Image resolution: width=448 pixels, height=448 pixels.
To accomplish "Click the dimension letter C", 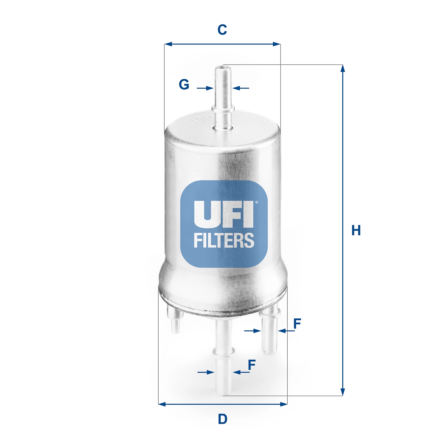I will pos(222,30).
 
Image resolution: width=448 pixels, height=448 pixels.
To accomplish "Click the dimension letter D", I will pos(223,419).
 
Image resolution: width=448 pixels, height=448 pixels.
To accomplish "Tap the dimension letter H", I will pos(356,230).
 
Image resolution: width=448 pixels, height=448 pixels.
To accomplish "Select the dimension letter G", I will pos(184,85).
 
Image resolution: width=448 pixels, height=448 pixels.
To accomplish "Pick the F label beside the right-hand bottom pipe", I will pos(297,323).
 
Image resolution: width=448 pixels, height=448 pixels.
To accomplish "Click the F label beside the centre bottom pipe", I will pos(252,365).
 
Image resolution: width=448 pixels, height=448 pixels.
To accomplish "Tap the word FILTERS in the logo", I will pos(224,240).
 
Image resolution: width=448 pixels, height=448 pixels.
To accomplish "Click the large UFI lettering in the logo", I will pos(223,214).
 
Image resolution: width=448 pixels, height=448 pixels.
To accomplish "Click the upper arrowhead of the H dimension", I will pos(343,68).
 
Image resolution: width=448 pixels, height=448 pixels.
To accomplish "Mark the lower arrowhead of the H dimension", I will pos(343,392).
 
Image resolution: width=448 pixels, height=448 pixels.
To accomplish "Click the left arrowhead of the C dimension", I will pos(168,44).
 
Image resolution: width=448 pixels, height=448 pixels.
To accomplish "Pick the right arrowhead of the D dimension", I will pos(284,404).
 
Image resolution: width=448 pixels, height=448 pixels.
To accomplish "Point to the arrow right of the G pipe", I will pos(237,88).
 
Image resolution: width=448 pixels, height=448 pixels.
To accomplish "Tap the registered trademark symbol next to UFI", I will pos(256,202).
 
